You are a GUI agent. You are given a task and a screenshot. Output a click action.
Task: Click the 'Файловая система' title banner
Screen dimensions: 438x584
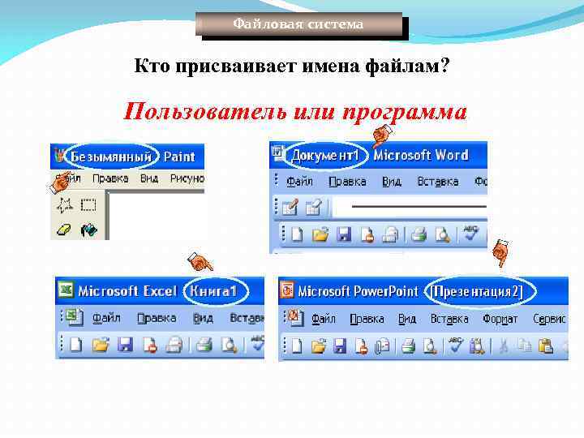click(298, 24)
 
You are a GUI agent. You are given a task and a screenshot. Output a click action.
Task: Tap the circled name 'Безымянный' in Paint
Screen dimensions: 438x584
click(112, 156)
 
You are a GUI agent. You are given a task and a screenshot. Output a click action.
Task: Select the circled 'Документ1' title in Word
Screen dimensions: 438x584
click(324, 154)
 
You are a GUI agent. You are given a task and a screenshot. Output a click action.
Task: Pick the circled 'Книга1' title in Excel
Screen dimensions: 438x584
click(212, 290)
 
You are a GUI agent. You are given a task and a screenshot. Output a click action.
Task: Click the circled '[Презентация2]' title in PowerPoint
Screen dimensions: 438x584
click(477, 291)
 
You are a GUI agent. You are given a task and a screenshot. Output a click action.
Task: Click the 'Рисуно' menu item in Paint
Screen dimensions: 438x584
click(187, 178)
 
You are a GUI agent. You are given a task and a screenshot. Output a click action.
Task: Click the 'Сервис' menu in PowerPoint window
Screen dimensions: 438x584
click(550, 319)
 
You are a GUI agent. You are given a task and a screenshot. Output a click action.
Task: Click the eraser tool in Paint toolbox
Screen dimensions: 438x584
click(63, 230)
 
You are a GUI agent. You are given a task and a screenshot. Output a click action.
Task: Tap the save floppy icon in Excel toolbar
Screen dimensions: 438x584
click(125, 346)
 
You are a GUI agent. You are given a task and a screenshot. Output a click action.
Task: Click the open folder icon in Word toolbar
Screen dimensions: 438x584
click(320, 235)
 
